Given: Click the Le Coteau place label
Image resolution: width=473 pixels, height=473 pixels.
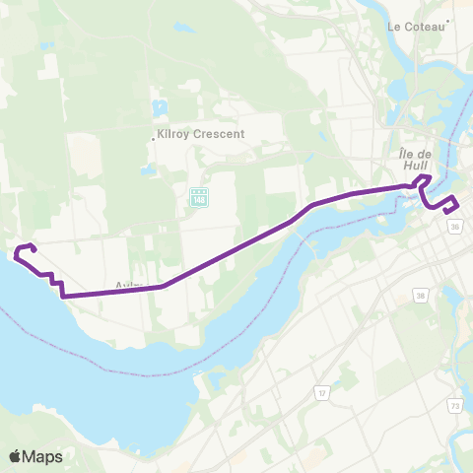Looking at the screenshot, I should [418, 27].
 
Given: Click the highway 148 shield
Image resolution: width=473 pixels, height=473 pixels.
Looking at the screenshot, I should [198, 200].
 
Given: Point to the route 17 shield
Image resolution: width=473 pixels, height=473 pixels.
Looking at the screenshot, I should [321, 392].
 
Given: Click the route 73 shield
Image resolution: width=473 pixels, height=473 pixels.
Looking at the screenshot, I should [454, 405].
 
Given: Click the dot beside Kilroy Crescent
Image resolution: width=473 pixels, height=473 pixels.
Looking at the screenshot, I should [153, 138].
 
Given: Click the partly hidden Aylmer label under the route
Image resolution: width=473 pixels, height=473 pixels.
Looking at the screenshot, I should [129, 286].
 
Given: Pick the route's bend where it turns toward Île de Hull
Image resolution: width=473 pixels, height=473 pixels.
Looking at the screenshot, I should [310, 205].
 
